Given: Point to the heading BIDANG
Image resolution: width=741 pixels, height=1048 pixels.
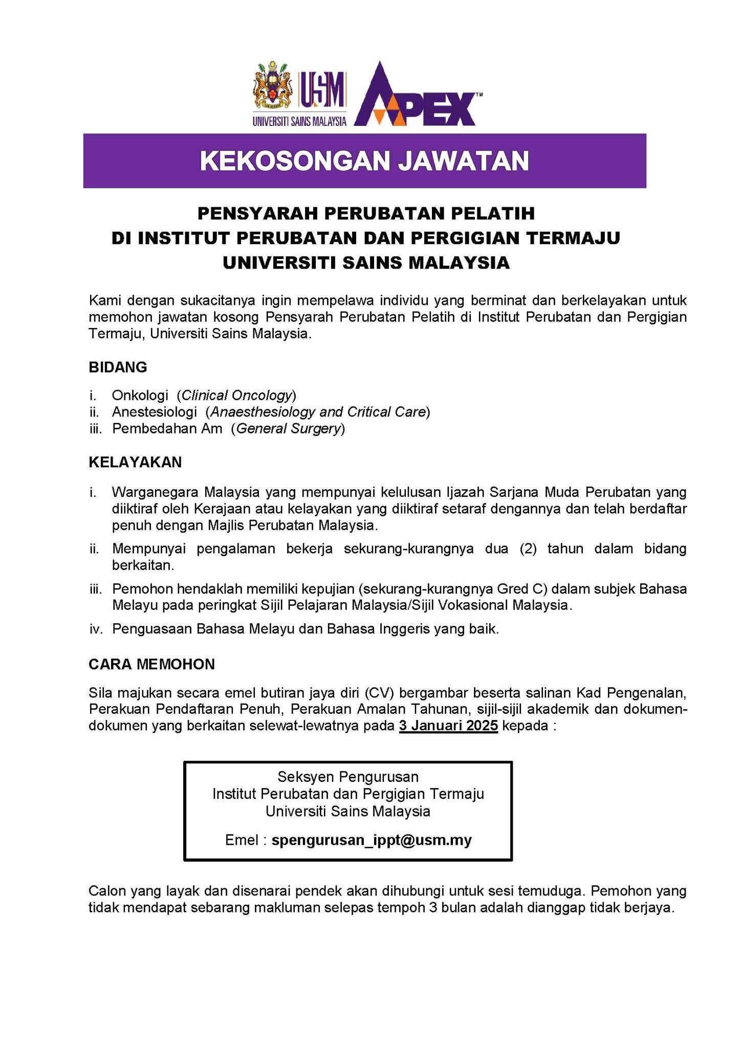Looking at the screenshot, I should pyautogui.click(x=118, y=367).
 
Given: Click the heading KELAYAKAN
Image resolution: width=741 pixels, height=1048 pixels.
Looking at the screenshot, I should pyautogui.click(x=135, y=462).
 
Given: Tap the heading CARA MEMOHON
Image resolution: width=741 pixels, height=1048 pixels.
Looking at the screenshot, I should pyautogui.click(x=151, y=664).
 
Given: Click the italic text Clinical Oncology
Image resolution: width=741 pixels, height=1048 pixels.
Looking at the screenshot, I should pyautogui.click(x=237, y=395).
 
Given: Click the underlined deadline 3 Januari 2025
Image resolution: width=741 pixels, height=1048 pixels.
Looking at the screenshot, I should pyautogui.click(x=448, y=726).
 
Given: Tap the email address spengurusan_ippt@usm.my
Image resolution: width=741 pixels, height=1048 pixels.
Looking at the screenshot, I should pyautogui.click(x=372, y=840).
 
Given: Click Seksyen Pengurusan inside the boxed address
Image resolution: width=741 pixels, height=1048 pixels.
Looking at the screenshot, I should pyautogui.click(x=348, y=777).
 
